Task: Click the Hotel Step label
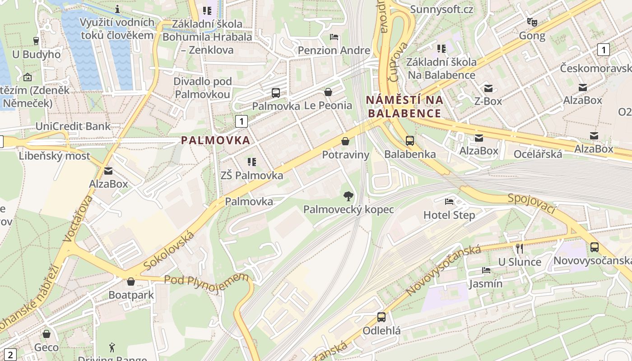click(449, 215)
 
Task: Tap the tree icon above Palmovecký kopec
click(348, 196)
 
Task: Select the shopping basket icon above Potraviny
click(345, 141)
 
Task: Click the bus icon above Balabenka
click(410, 140)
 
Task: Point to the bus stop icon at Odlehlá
click(381, 317)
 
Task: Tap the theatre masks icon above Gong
click(532, 22)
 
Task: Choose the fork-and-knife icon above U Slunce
click(519, 248)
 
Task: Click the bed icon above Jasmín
click(486, 270)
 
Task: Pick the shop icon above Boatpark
click(131, 282)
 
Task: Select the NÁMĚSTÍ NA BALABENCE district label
click(404, 106)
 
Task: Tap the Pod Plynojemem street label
click(206, 283)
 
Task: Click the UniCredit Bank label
click(73, 126)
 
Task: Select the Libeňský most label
click(55, 156)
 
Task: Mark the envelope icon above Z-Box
click(488, 88)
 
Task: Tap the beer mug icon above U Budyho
click(37, 41)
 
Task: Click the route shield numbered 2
click(10, 354)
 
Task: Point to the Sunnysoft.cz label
click(441, 9)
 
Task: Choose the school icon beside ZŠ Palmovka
click(252, 162)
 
